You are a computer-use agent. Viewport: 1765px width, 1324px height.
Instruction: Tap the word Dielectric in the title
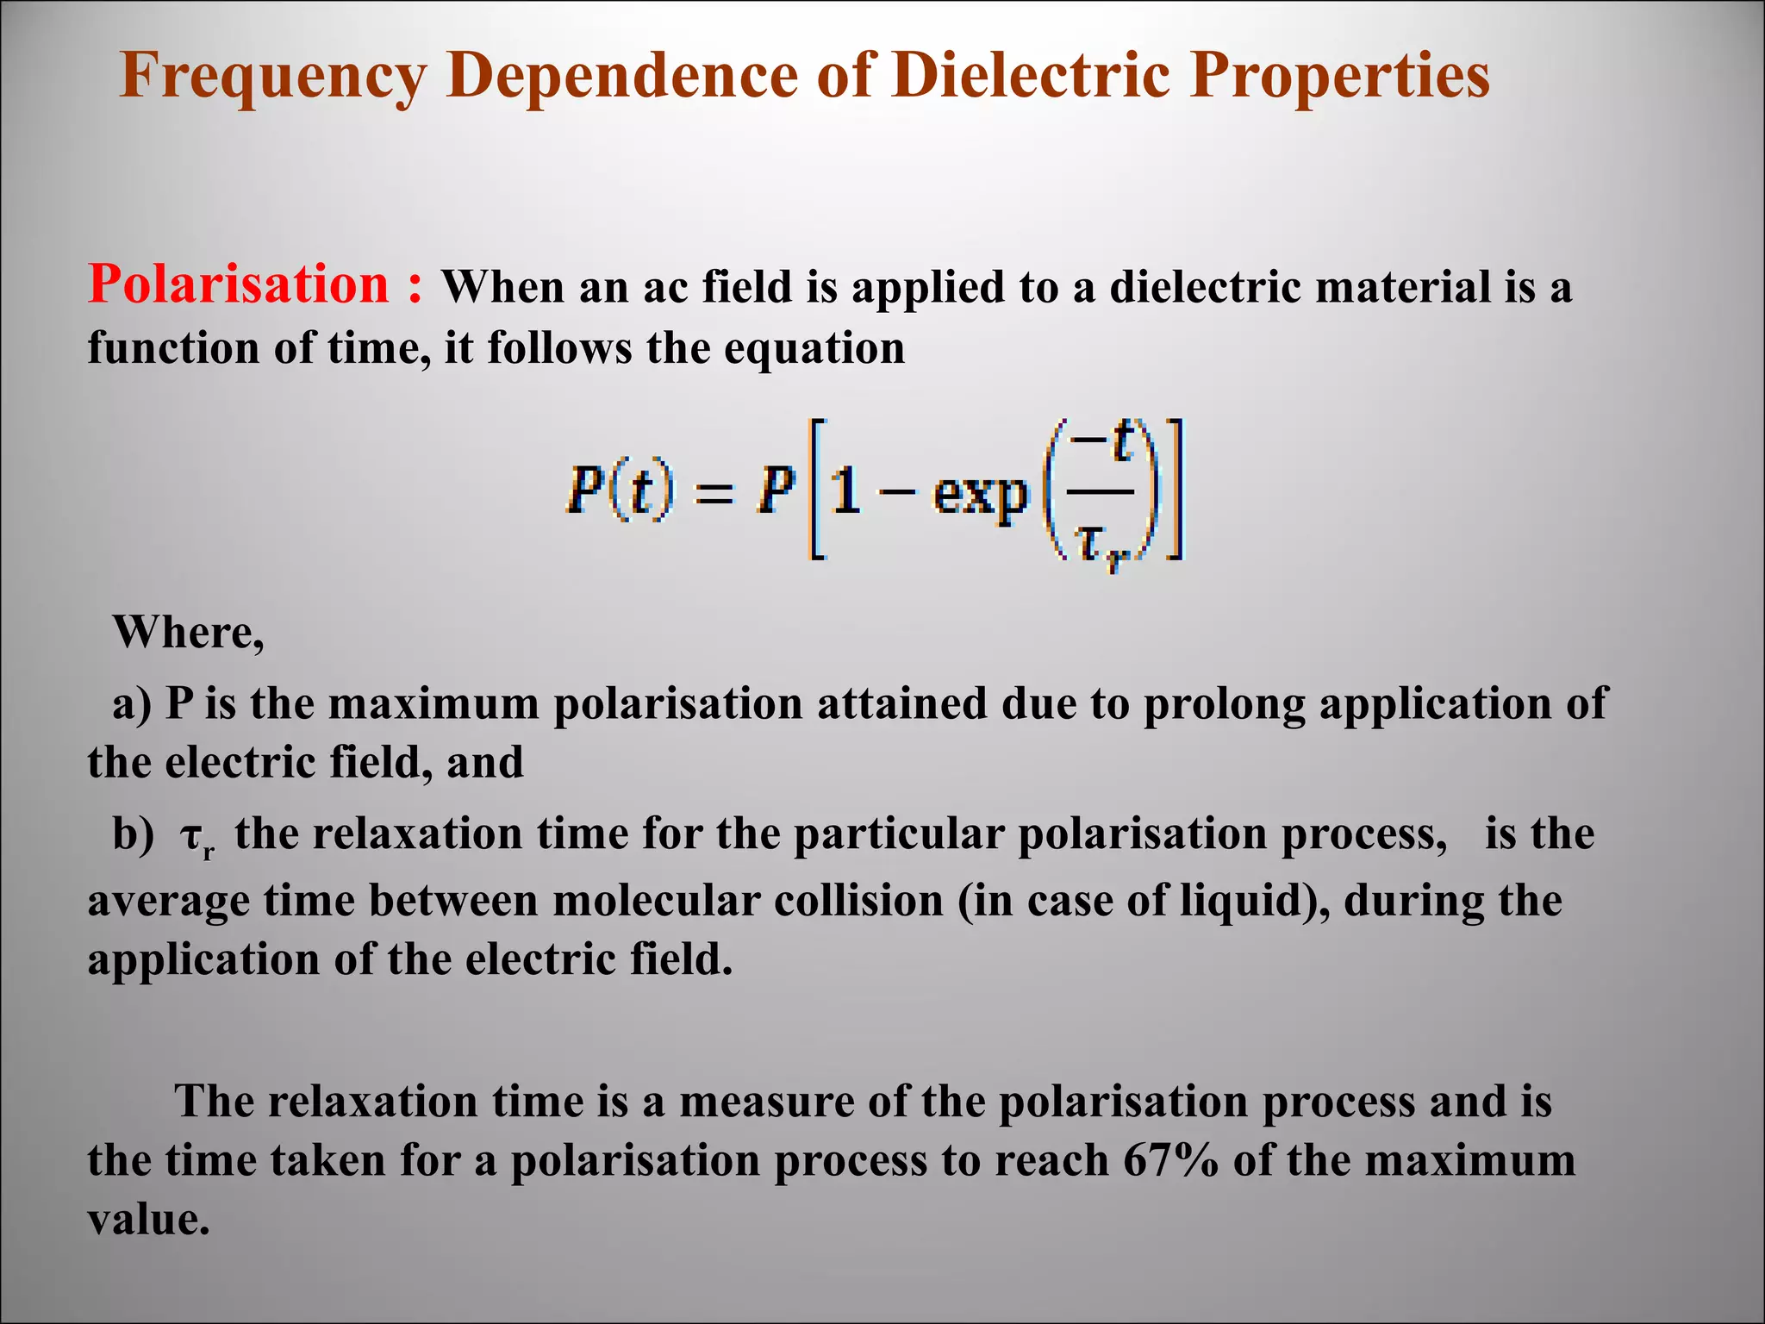tap(1031, 76)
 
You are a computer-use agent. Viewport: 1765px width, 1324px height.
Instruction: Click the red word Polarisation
tap(239, 284)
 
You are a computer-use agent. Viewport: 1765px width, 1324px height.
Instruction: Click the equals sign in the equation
tap(713, 495)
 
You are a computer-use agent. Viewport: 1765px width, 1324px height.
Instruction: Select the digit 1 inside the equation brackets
tap(846, 493)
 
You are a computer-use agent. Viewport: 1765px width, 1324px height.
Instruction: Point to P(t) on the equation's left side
tap(620, 491)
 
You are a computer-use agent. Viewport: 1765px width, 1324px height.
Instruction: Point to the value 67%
tap(1170, 1160)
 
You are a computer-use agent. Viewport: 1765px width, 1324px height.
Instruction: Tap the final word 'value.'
tap(148, 1219)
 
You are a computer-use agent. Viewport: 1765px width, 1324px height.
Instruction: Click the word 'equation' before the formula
tap(814, 350)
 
